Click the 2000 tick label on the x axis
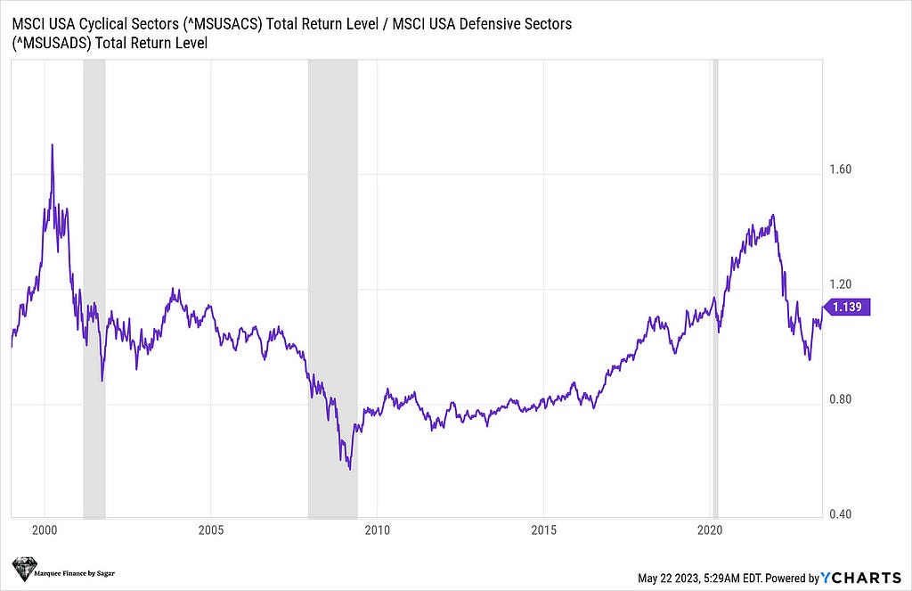click(x=45, y=531)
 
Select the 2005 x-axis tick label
click(x=210, y=531)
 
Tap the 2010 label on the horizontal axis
click(x=377, y=531)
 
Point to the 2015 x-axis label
click(x=543, y=531)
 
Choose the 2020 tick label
click(x=710, y=531)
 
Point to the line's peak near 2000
click(x=52, y=144)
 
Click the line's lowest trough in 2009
click(x=349, y=469)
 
